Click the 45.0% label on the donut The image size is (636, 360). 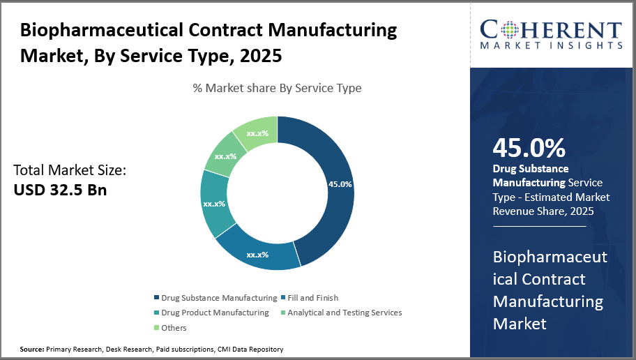[x=340, y=184]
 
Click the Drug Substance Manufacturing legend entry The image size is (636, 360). [x=216, y=298]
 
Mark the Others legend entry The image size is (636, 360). [x=174, y=327]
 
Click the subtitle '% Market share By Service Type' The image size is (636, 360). [x=277, y=88]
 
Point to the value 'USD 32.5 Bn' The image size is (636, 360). [x=61, y=189]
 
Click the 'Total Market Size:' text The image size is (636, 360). [x=70, y=170]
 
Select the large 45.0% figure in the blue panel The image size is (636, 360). [x=529, y=148]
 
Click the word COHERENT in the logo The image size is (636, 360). [x=552, y=30]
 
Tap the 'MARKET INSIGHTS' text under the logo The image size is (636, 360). [x=552, y=46]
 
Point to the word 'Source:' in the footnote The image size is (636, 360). [x=31, y=349]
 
